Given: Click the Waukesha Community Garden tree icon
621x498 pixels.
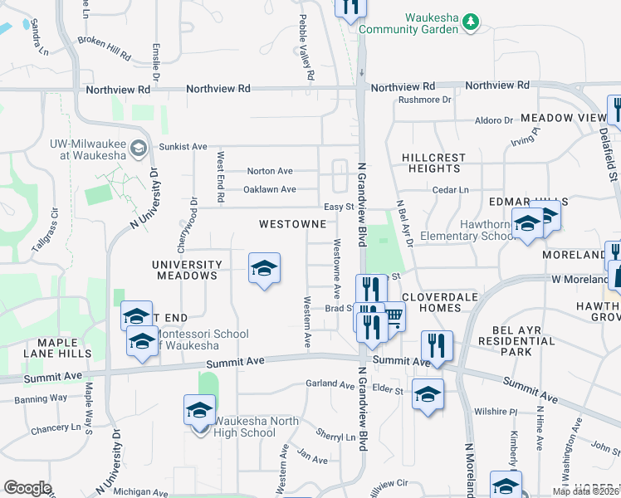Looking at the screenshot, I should (x=471, y=21).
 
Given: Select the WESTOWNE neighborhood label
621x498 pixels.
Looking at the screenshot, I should (x=291, y=224).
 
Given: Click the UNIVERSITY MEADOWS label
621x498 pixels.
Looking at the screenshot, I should (x=186, y=270).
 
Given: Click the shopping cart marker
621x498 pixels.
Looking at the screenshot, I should (x=393, y=315).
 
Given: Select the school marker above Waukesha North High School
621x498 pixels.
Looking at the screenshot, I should (x=198, y=411).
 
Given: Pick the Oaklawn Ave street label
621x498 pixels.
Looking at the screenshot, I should (x=269, y=189).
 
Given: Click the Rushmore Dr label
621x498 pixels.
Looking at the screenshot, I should (x=423, y=100).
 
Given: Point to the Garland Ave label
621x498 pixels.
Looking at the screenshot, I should (x=330, y=383).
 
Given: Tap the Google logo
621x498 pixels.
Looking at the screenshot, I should (x=27, y=488).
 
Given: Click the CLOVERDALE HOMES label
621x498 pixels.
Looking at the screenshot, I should (x=430, y=302).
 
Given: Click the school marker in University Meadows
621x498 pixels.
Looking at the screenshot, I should (x=264, y=269).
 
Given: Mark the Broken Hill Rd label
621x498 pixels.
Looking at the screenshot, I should (x=104, y=47).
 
